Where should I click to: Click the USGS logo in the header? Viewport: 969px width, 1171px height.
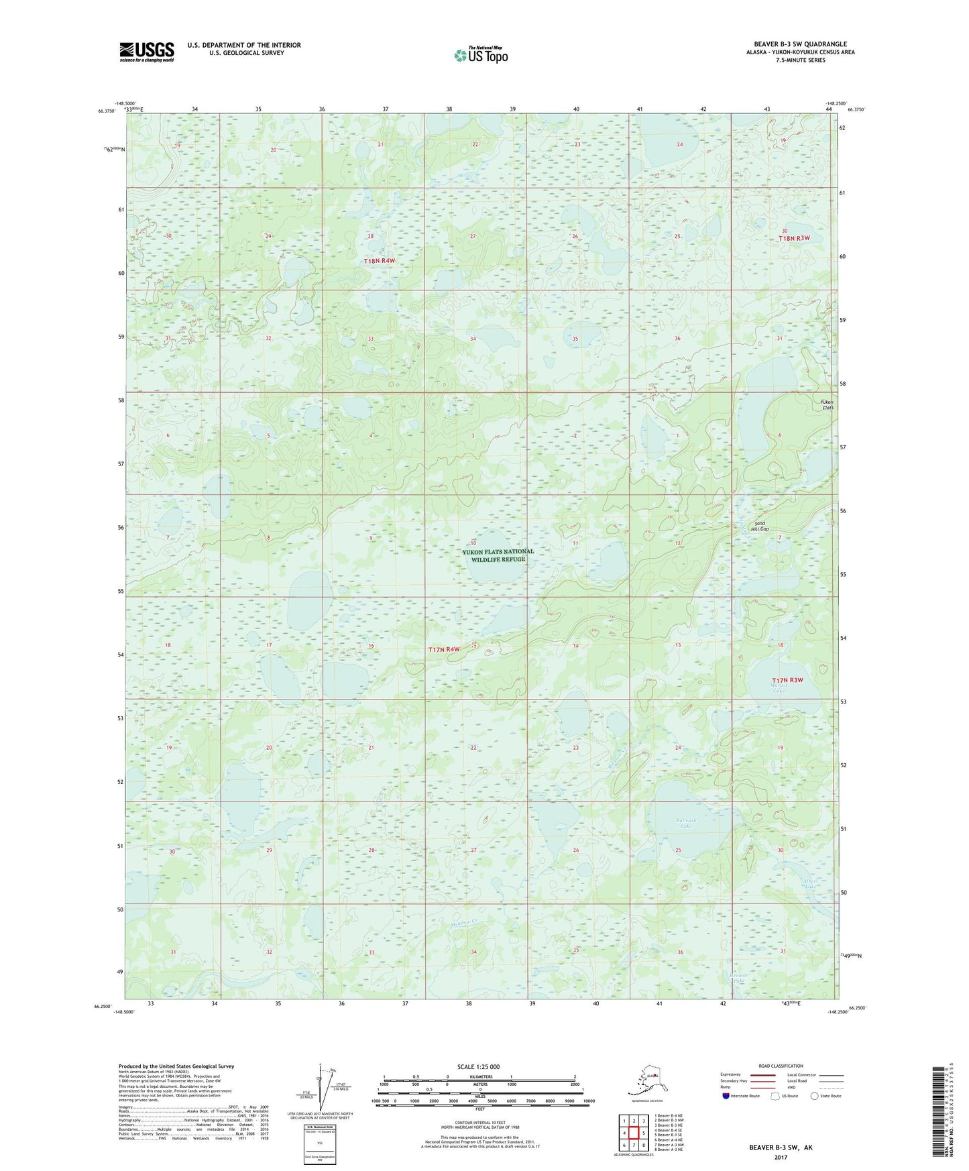pyautogui.click(x=146, y=52)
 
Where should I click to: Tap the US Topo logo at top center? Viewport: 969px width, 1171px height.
pyautogui.click(x=480, y=54)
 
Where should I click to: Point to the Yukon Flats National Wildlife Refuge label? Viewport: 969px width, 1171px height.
pyautogui.click(x=498, y=555)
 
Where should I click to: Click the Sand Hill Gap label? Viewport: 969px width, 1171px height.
pyautogui.click(x=760, y=526)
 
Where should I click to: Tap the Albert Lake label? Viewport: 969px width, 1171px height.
pyautogui.click(x=810, y=883)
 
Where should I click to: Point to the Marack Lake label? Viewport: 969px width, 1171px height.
pyautogui.click(x=778, y=687)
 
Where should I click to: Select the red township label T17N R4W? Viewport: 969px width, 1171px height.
pyautogui.click(x=445, y=649)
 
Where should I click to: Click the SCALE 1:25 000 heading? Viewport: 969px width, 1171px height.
pyautogui.click(x=479, y=1066)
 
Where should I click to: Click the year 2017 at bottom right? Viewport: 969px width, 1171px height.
pyautogui.click(x=781, y=1157)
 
